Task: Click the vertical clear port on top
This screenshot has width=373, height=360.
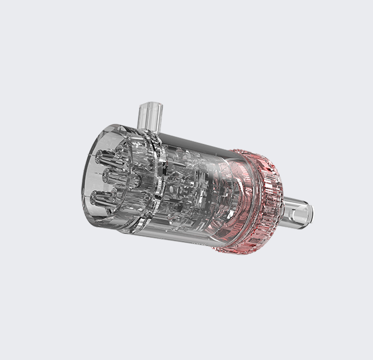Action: (149, 116)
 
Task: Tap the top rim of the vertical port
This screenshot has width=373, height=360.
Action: (150, 105)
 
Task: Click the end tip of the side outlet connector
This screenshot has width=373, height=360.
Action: (309, 213)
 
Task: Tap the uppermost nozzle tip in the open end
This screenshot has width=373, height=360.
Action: (100, 156)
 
